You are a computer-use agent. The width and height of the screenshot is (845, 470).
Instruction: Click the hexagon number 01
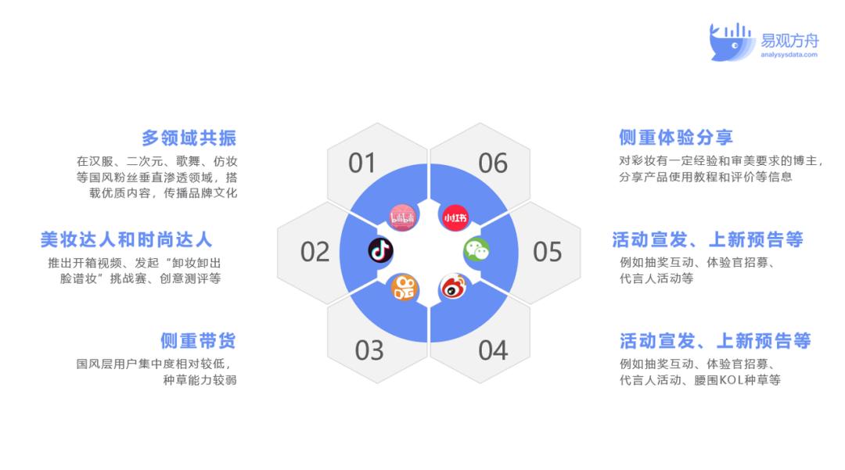coord(361,163)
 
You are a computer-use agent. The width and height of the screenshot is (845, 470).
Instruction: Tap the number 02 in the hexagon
coord(315,251)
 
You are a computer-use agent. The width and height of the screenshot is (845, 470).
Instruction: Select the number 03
coord(369,350)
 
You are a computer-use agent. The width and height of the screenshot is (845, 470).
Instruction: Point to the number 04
coord(493,350)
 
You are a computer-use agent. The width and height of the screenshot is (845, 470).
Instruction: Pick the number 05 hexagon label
coord(548,251)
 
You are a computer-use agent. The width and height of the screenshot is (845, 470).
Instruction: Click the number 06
coord(493,163)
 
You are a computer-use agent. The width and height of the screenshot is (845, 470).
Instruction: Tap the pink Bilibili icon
coord(403,217)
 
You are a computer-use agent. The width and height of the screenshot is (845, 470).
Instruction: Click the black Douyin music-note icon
coord(381,250)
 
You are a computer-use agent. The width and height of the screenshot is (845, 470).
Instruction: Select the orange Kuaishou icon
coord(405,288)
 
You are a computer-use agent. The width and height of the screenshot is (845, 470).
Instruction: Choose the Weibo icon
coord(454,287)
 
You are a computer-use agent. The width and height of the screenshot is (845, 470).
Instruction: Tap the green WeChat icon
coord(477,249)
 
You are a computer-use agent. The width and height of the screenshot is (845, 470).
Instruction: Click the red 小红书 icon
coord(455,217)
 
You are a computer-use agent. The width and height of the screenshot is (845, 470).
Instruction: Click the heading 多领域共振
coord(189,138)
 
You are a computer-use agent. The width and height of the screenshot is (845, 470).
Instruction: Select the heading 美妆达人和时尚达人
coord(126,239)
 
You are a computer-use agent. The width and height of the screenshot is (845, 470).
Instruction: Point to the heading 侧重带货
coord(198,340)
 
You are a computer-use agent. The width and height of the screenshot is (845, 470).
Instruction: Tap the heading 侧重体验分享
coord(676,138)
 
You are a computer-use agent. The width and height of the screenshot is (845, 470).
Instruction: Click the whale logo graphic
coord(729,42)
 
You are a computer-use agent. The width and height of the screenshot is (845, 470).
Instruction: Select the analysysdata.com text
coord(789,55)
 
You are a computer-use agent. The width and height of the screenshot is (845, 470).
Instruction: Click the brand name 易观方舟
coord(789,41)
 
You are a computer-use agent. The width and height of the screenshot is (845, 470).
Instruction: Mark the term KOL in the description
coord(732,380)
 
